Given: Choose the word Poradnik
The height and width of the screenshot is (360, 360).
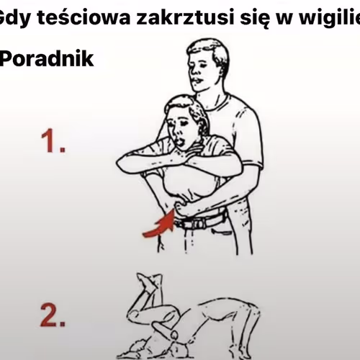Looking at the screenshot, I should [x=47, y=58].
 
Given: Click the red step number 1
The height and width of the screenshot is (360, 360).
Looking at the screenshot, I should [x=52, y=141].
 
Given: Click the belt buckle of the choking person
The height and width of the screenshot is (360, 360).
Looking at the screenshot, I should [x=186, y=223].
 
